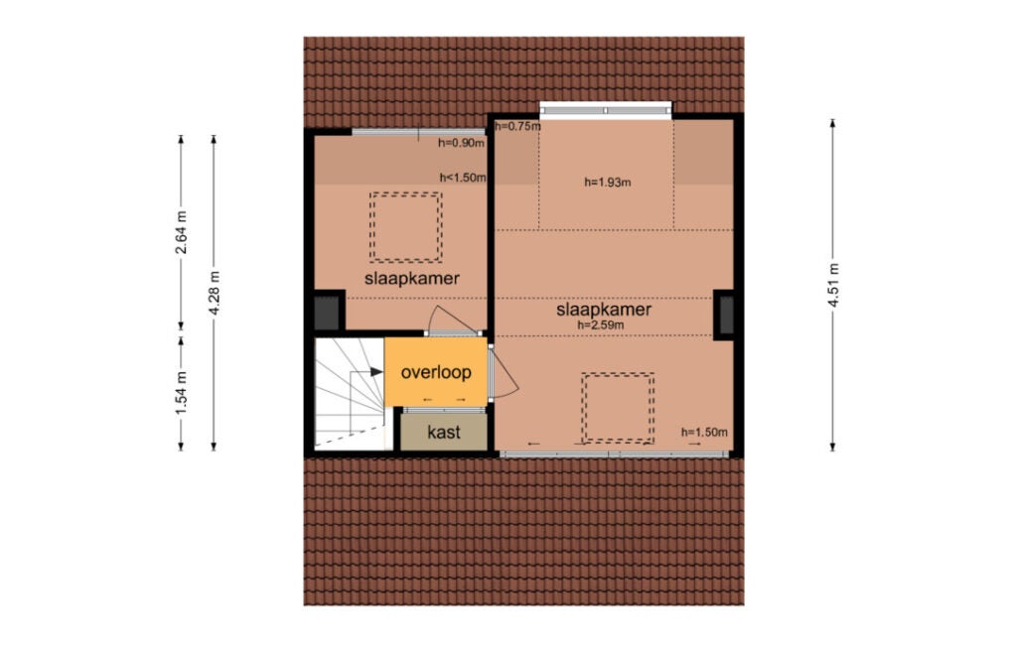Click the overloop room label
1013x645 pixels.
(436, 372)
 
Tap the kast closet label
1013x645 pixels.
(444, 432)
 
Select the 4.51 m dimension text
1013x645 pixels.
(833, 285)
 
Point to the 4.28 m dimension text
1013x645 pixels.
(215, 293)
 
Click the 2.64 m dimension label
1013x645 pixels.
(182, 232)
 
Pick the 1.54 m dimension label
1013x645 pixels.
(182, 393)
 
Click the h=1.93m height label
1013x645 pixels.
(607, 182)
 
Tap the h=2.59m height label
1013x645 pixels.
(601, 325)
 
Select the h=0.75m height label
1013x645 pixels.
(517, 127)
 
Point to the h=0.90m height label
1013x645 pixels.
(461, 143)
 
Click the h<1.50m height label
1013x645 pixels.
(463, 178)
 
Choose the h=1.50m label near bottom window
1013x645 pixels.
(704, 433)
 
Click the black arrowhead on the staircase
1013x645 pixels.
(376, 371)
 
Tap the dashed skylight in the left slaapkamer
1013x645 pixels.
(406, 227)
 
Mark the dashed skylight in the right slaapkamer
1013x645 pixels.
(618, 408)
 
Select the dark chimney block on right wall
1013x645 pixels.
(724, 315)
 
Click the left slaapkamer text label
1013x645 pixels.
(411, 279)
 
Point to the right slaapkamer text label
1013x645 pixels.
(604, 310)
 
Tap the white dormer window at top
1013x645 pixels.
(606, 110)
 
